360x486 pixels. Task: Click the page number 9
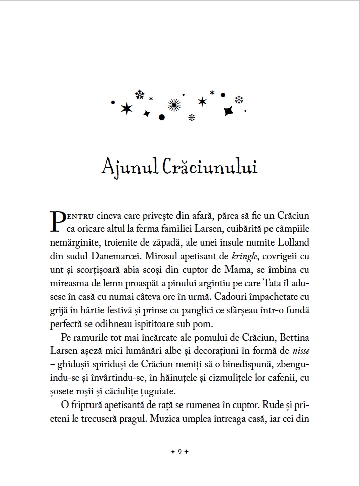179,451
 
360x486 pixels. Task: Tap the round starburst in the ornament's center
174,104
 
